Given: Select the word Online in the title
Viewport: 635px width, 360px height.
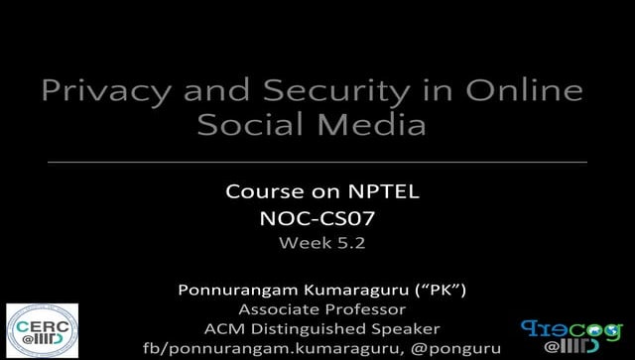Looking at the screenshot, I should click(525, 91).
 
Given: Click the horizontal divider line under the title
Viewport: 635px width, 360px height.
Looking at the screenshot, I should click(317, 161).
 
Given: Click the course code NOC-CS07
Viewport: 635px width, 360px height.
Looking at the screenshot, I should click(318, 217).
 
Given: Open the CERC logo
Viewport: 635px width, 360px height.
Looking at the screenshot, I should click(42, 330).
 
